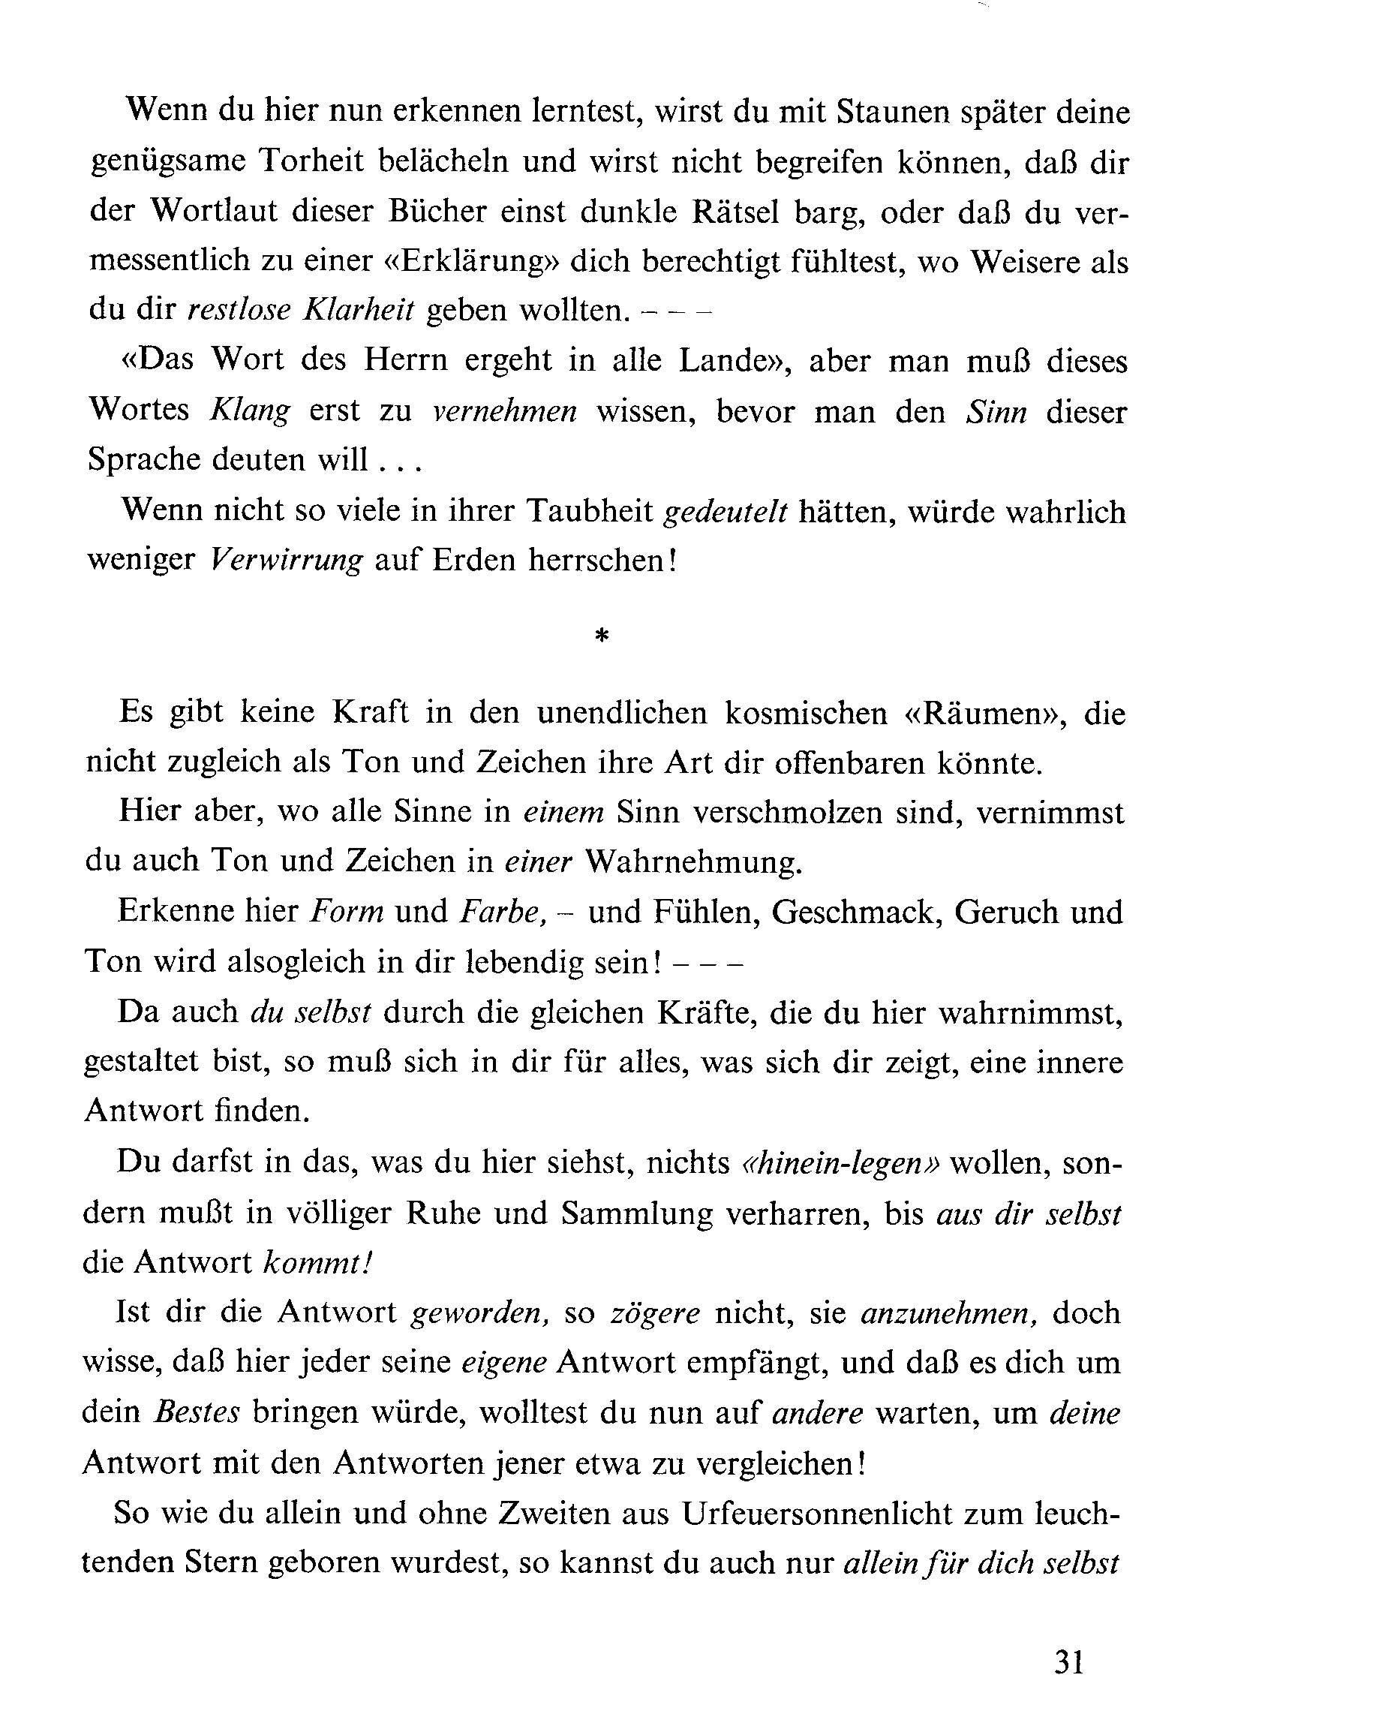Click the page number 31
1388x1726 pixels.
coord(1068,1662)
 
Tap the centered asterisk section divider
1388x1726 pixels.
coord(602,636)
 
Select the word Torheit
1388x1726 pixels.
coord(311,161)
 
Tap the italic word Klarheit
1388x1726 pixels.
coord(359,310)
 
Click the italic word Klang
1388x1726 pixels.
coord(249,410)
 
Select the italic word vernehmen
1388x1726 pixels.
coord(504,410)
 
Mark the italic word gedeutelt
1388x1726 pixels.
coord(726,511)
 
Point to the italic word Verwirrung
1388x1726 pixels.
coord(287,560)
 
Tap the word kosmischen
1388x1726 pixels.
coord(806,712)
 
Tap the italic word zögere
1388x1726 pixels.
coord(655,1314)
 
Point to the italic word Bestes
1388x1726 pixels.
coord(197,1413)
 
